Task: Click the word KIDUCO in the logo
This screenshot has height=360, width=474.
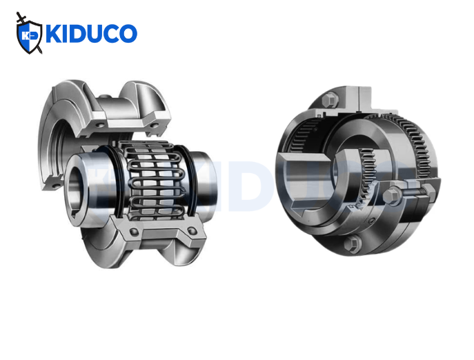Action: (x=90, y=33)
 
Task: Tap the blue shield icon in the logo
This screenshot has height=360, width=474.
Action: (x=29, y=35)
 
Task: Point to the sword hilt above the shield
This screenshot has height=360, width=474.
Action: (x=20, y=16)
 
